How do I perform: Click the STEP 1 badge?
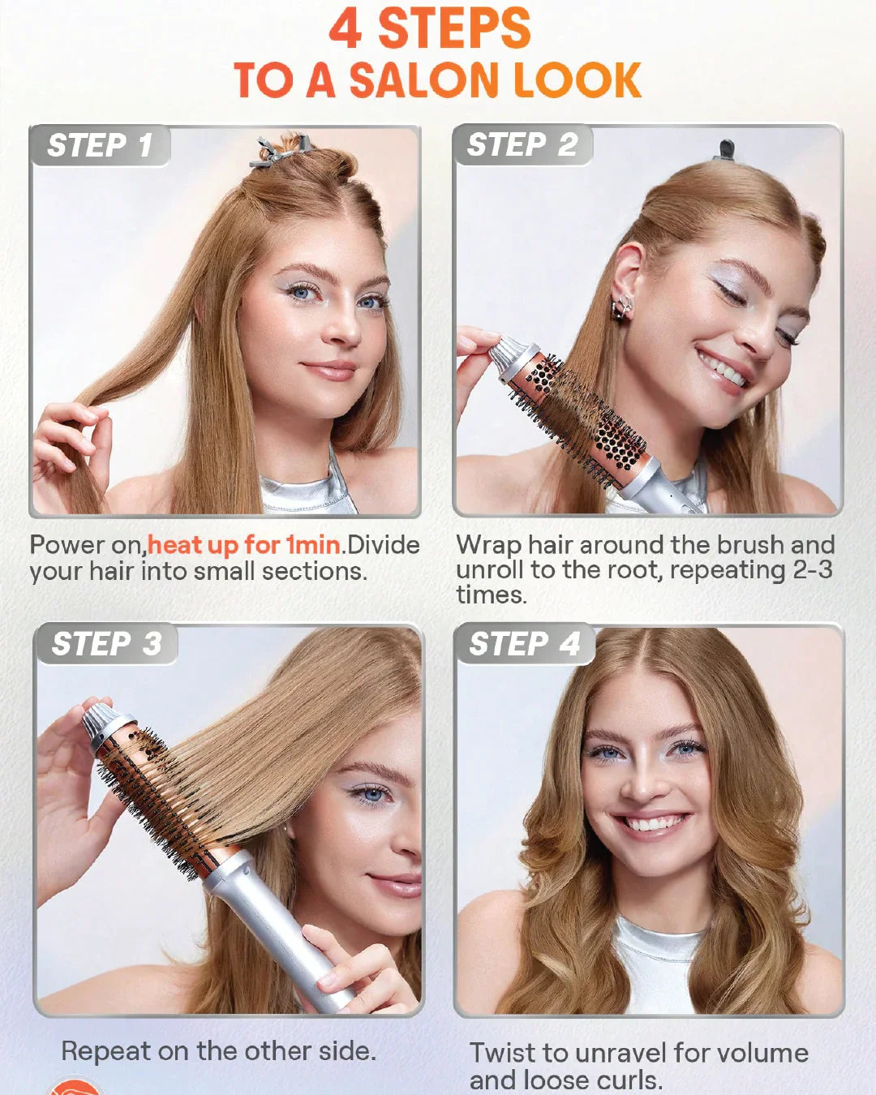pos(100,145)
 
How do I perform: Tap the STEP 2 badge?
pos(522,145)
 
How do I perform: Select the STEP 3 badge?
pos(107,644)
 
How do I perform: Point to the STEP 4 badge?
pos(525,644)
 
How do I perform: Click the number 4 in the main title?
pos(346,29)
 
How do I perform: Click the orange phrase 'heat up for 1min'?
pos(244,545)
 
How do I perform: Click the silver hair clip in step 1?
pos(281,151)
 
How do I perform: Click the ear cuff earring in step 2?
pos(623,307)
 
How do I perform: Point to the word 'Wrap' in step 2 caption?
pos(489,545)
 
